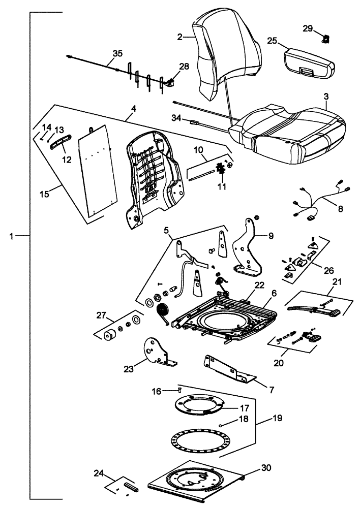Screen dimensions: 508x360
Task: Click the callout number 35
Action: tap(117, 53)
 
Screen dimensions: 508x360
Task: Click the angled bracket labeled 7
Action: tap(229, 368)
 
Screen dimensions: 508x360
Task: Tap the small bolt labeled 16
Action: tap(179, 390)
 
